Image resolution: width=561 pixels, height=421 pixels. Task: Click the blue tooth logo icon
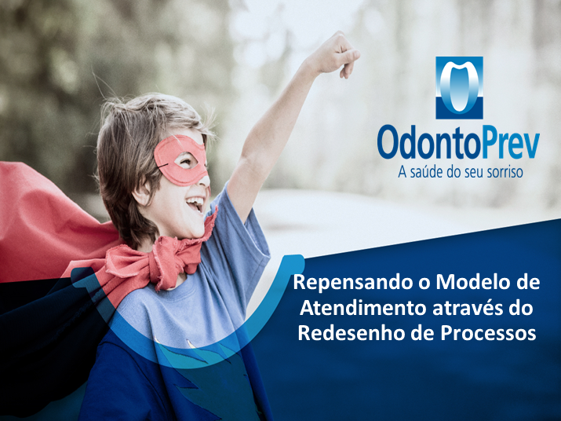coord(459,88)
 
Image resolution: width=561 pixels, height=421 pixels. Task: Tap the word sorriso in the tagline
coord(505,172)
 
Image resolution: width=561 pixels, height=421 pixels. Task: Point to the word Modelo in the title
coord(468,282)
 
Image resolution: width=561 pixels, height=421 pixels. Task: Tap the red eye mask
coord(181,160)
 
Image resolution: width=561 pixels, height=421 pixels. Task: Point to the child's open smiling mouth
coord(195,203)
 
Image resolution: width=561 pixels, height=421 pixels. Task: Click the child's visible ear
coord(141,193)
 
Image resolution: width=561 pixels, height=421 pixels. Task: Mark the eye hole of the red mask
coord(187,161)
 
